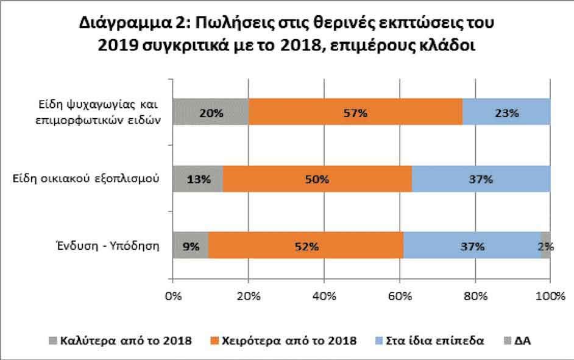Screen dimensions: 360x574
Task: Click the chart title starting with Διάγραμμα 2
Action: pyautogui.click(x=286, y=35)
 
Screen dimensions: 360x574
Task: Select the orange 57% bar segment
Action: pyautogui.click(x=355, y=113)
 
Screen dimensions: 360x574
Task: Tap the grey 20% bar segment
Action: pyautogui.click(x=211, y=113)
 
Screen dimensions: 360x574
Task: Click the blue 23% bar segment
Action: pyautogui.click(x=506, y=113)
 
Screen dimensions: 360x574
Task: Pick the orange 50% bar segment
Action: pyautogui.click(x=317, y=180)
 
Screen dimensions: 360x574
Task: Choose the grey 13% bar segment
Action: pyautogui.click(x=198, y=180)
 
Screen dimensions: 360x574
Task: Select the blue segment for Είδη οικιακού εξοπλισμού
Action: pyautogui.click(x=481, y=180)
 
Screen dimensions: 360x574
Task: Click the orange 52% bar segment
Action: pyautogui.click(x=305, y=247)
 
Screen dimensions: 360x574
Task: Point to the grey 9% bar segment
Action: pyautogui.click(x=191, y=247)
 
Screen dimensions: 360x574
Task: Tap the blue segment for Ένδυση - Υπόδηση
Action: pyautogui.click(x=472, y=247)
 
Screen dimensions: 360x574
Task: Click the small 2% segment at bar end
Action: pyautogui.click(x=546, y=247)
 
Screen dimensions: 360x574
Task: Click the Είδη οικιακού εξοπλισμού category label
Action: pyautogui.click(x=87, y=180)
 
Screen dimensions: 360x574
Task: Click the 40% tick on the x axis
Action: pyautogui.click(x=324, y=297)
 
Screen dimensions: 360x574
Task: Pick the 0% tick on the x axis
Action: pyautogui.click(x=174, y=297)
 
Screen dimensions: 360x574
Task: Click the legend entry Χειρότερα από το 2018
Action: pyautogui.click(x=289, y=340)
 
